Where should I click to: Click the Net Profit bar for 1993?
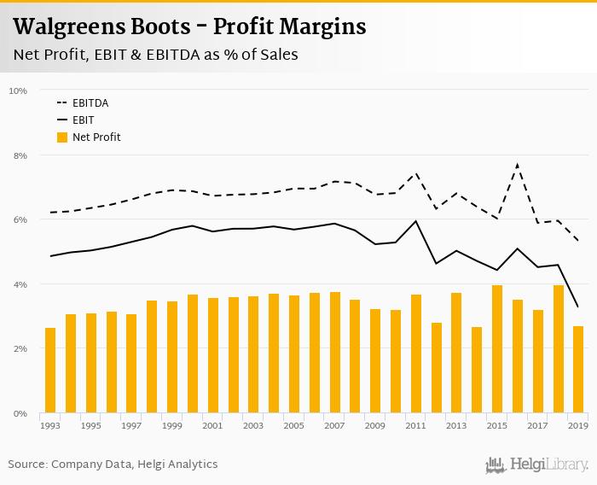(50, 371)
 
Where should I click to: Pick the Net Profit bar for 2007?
(334, 353)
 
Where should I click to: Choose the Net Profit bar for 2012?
(437, 368)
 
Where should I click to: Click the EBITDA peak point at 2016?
(518, 164)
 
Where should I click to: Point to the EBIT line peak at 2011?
(415, 221)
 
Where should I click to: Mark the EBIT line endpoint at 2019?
(578, 307)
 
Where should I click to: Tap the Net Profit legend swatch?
(61, 137)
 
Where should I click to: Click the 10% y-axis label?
(18, 91)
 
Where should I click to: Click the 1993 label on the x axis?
(50, 425)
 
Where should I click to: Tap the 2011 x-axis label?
(415, 425)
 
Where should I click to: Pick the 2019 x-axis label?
(578, 425)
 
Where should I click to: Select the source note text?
(113, 465)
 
